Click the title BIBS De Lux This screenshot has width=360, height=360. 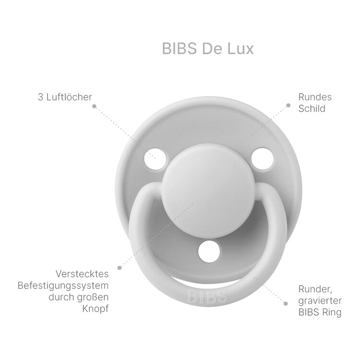208,48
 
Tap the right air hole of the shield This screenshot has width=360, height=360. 262,159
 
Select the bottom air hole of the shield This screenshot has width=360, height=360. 209,252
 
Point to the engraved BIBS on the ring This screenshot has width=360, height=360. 207,297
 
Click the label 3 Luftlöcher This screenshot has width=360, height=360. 65,97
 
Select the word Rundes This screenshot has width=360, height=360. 315,97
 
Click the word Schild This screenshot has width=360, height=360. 312,108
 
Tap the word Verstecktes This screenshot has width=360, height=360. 82,274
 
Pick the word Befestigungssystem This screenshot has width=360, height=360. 63,286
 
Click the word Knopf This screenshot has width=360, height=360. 96,309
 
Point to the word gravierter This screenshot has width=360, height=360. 320,300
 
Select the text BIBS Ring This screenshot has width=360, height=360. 320,312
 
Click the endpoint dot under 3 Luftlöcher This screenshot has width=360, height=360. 94,106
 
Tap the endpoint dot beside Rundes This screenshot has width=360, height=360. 288,106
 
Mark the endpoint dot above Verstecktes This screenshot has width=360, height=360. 120,268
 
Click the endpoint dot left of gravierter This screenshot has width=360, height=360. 286,303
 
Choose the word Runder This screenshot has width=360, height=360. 315,289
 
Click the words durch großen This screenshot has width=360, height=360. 79,297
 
